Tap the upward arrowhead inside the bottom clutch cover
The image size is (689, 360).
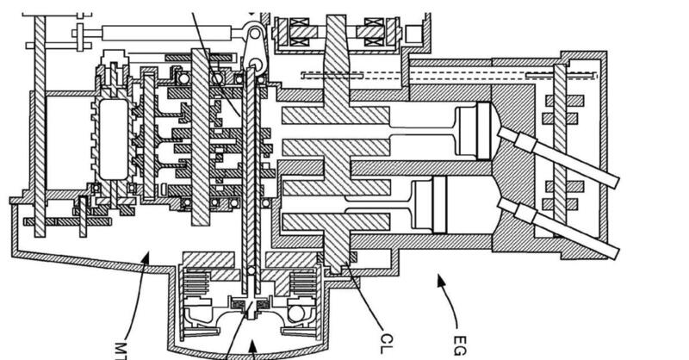click(x=252, y=344)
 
